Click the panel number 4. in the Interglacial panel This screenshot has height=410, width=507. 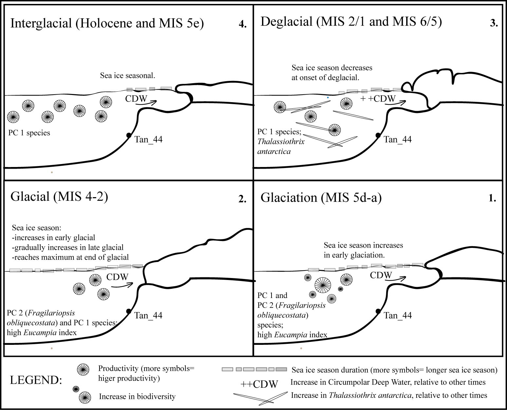click(x=242, y=24)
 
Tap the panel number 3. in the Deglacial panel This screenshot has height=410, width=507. click(x=494, y=23)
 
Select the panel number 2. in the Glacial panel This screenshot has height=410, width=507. click(x=242, y=199)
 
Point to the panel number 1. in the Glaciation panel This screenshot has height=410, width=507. click(x=492, y=198)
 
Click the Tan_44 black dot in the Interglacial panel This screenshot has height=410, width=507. click(x=129, y=135)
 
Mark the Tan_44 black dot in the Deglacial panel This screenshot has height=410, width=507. click(x=378, y=135)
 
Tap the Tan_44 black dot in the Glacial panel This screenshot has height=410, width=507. click(x=129, y=311)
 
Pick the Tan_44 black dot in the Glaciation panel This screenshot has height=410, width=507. click(x=378, y=311)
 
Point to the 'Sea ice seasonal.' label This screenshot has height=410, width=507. click(x=127, y=75)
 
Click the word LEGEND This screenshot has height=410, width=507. click(x=36, y=380)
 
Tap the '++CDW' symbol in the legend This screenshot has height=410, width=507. click(x=259, y=384)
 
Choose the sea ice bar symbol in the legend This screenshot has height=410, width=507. click(x=254, y=369)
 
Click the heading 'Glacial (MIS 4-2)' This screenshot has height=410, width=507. click(x=59, y=196)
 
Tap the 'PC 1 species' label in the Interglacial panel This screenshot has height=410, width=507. click(x=29, y=133)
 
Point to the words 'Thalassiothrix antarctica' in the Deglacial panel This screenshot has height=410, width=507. click(x=281, y=146)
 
